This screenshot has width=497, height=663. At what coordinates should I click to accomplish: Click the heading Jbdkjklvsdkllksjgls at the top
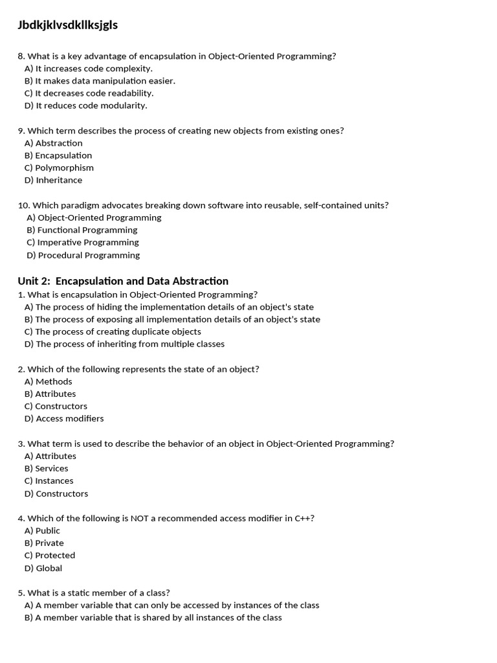coord(68,25)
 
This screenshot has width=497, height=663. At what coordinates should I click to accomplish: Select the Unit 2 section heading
coord(123,281)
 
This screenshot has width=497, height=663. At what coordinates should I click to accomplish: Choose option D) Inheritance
coord(54,180)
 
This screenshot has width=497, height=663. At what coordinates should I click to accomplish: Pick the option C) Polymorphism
coord(59,168)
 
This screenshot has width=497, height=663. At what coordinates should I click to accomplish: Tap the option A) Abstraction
coord(54,143)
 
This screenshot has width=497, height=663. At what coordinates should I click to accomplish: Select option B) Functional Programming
coord(82,230)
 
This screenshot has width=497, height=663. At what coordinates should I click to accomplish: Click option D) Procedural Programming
coord(83,255)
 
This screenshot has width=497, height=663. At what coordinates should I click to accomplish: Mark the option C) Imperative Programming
coord(83,242)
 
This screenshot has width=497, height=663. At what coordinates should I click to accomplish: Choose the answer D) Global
coord(43,568)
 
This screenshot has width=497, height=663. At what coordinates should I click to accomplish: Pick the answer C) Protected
coord(50,555)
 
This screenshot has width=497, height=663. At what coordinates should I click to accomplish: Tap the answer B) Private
coord(44,543)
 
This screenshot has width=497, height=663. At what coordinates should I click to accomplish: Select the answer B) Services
coord(47,468)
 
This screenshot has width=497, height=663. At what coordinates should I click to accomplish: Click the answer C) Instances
coord(49,480)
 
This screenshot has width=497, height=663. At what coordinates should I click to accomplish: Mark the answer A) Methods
coord(49,381)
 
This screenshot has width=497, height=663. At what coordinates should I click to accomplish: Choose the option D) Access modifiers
coord(64,418)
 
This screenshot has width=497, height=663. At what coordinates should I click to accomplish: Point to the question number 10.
coord(23,205)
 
